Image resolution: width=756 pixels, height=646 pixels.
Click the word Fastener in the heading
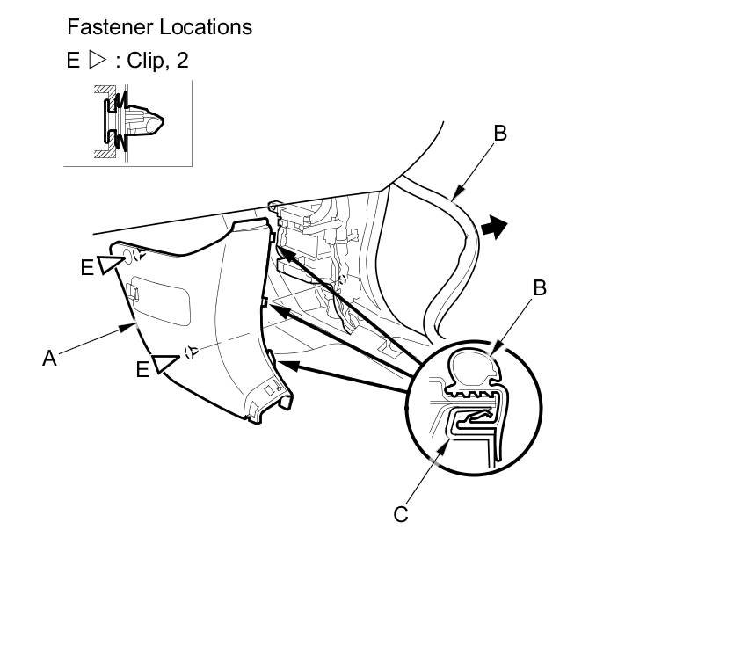tap(105, 27)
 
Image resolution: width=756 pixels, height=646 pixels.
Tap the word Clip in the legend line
tap(146, 61)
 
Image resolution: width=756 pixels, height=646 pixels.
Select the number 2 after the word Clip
tap(182, 61)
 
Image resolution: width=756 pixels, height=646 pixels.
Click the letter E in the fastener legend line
tap(73, 61)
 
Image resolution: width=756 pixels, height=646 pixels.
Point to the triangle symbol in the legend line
tap(97, 61)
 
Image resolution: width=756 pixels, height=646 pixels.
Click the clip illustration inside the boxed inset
tap(133, 120)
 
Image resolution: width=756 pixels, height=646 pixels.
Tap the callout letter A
tap(50, 358)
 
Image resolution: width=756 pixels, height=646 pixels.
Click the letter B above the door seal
tap(500, 134)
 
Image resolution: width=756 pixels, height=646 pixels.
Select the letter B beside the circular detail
tap(540, 287)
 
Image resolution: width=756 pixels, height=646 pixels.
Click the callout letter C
tap(401, 514)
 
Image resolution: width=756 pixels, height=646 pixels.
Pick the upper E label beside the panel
tap(87, 268)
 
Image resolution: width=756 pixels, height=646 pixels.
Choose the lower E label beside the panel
tap(142, 370)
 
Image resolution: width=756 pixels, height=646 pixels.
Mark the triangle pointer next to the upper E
tap(111, 263)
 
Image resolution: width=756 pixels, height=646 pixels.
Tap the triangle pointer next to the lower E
tap(166, 363)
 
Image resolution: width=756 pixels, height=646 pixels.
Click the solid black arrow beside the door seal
tap(496, 229)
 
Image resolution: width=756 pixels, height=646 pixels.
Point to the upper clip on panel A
tap(136, 257)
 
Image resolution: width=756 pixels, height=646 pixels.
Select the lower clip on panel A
tap(190, 352)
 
